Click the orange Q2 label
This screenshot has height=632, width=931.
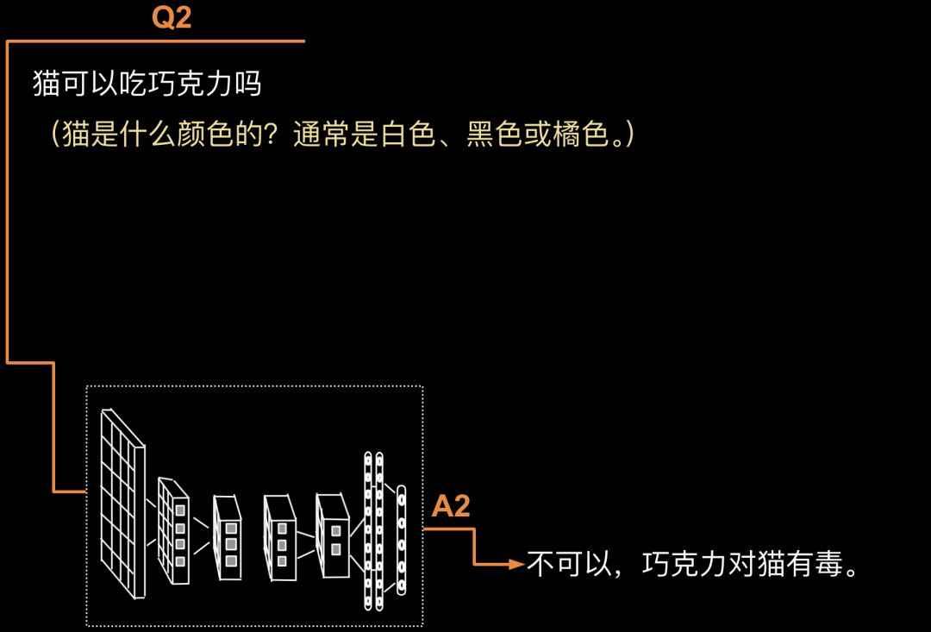(x=172, y=18)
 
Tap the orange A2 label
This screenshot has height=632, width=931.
(x=451, y=507)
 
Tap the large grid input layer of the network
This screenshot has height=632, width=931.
(x=122, y=502)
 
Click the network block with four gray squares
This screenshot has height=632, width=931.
(x=174, y=530)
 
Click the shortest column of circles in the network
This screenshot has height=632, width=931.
(x=401, y=540)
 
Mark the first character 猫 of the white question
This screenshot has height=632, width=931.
(x=47, y=85)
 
